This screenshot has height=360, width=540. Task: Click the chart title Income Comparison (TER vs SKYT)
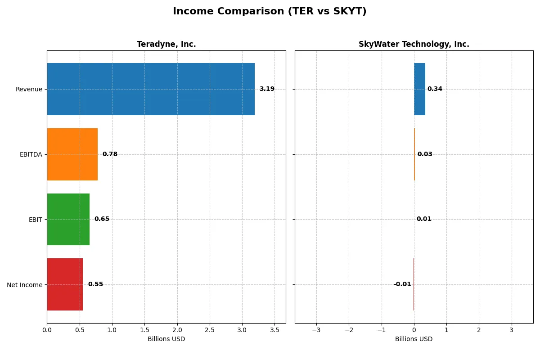pos(270,12)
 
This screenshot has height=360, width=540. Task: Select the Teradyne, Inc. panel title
pos(166,44)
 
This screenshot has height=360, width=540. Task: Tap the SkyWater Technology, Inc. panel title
pos(414,44)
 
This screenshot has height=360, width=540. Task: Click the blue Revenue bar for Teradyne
pos(151,89)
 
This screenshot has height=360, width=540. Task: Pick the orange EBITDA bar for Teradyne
pos(72,154)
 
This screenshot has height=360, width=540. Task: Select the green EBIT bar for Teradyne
pos(68,219)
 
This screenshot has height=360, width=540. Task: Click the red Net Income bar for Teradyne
pos(65,284)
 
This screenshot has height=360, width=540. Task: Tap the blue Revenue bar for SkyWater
pos(419,89)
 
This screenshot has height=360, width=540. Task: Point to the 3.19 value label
pos(267,89)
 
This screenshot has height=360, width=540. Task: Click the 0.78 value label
pos(110,154)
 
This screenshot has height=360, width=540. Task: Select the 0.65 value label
pos(102,219)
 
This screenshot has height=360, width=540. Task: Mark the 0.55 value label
pos(95,284)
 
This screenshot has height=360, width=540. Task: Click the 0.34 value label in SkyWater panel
pos(435,89)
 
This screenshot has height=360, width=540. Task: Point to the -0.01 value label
pos(402,284)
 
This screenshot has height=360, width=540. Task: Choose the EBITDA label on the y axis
pos(31,154)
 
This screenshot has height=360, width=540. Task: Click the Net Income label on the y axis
pos(25,284)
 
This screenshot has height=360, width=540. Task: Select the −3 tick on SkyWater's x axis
pos(316,330)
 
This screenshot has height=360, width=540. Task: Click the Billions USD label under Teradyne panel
pos(166,339)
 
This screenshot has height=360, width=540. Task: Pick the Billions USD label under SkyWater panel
pos(414,339)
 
